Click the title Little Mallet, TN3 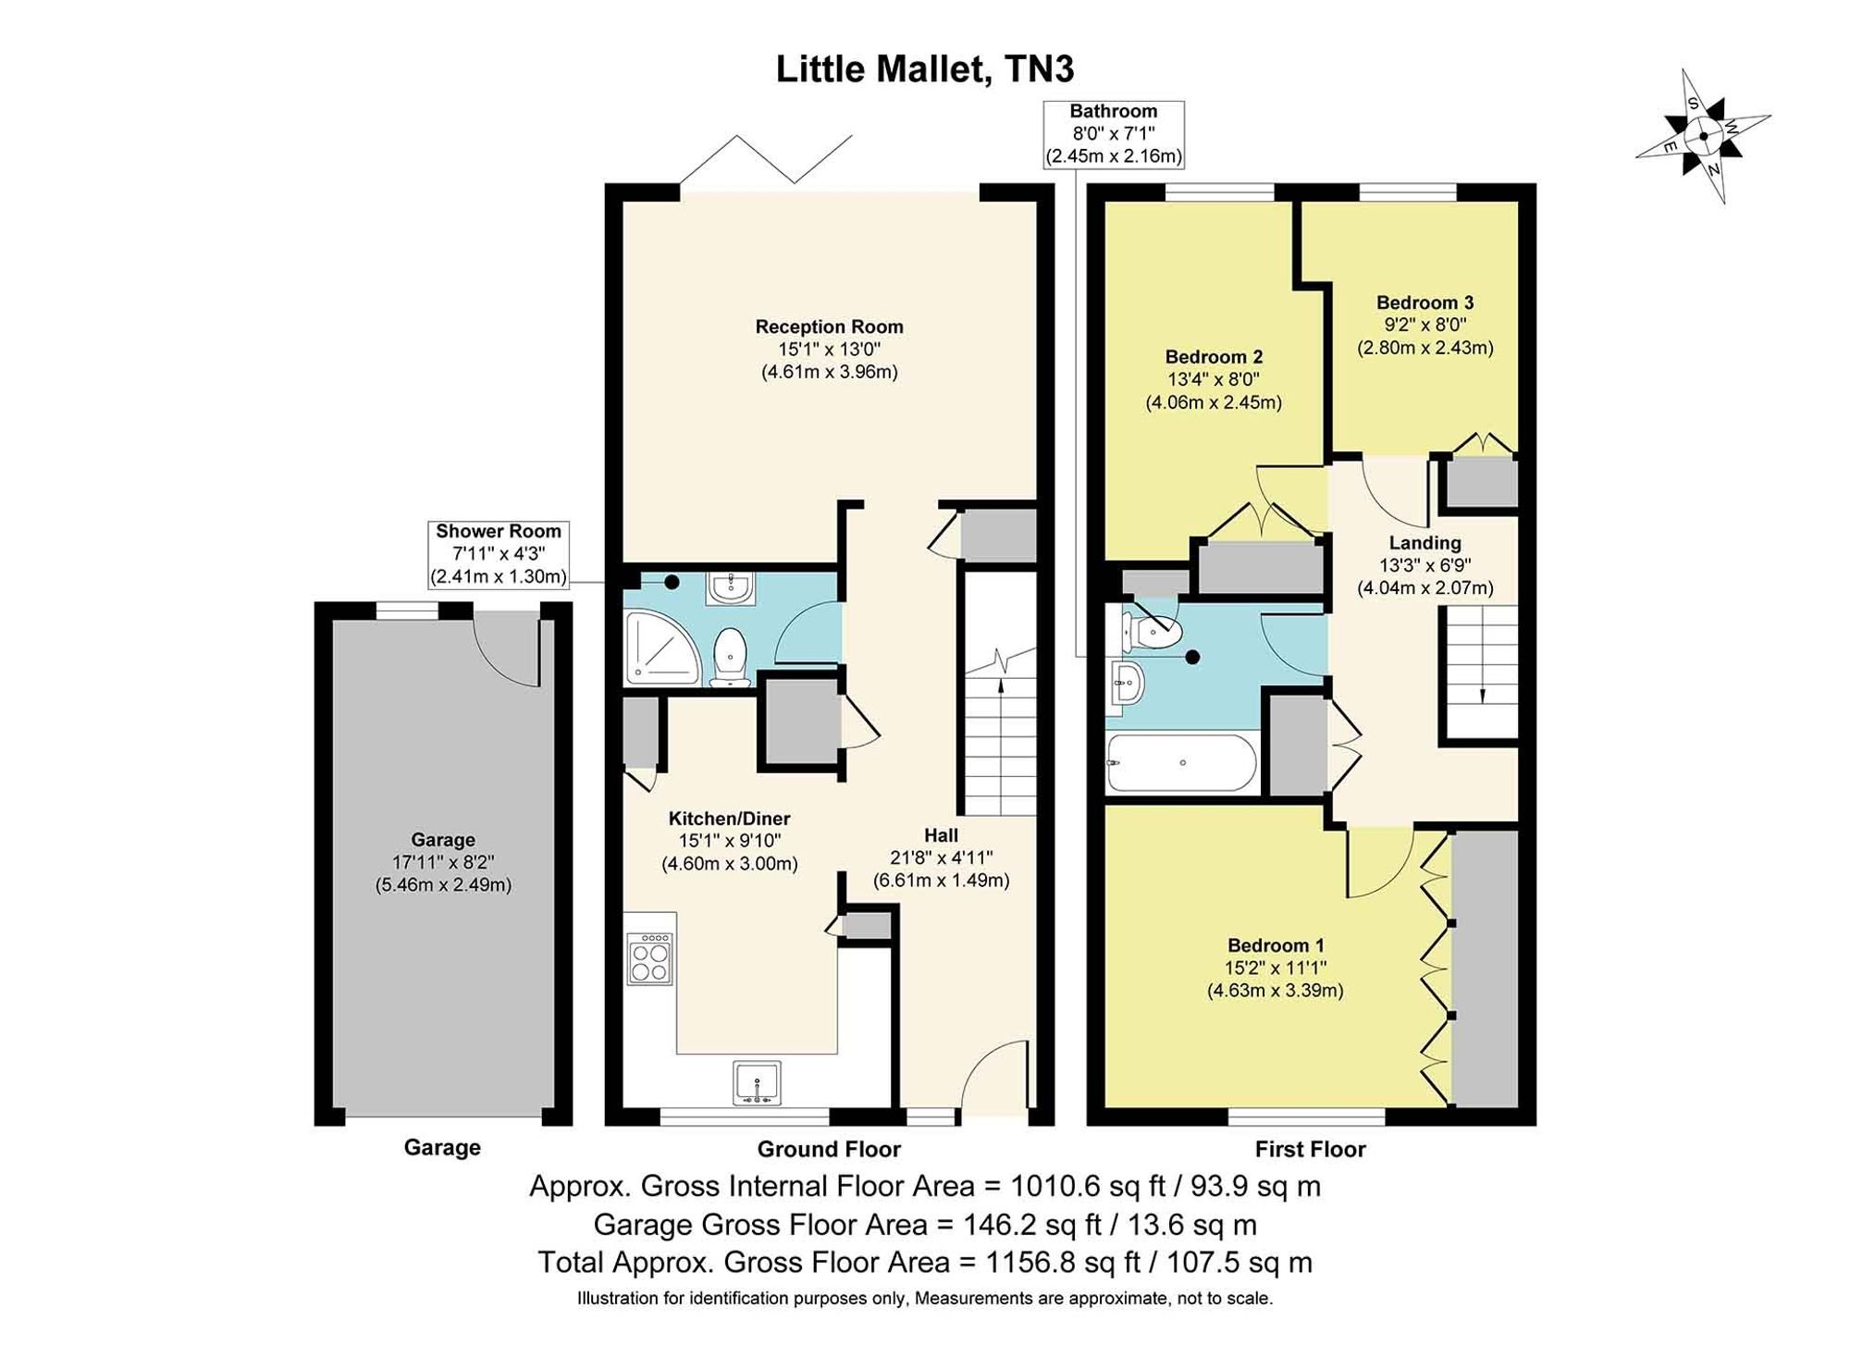(x=925, y=69)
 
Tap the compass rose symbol (x=1703, y=136)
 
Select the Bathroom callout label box (x=1114, y=134)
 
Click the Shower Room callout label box (x=499, y=554)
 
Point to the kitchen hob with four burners (x=649, y=958)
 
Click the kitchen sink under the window (x=758, y=1083)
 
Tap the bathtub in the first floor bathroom (x=1181, y=763)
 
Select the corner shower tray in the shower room (x=661, y=647)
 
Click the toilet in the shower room (x=730, y=658)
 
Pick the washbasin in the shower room (x=731, y=587)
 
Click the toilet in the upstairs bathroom (x=1151, y=631)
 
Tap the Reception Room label (x=829, y=327)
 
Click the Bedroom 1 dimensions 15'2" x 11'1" (x=1276, y=968)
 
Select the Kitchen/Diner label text (x=729, y=819)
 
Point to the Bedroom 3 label (x=1424, y=302)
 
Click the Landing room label (x=1424, y=543)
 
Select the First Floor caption (x=1310, y=1150)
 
